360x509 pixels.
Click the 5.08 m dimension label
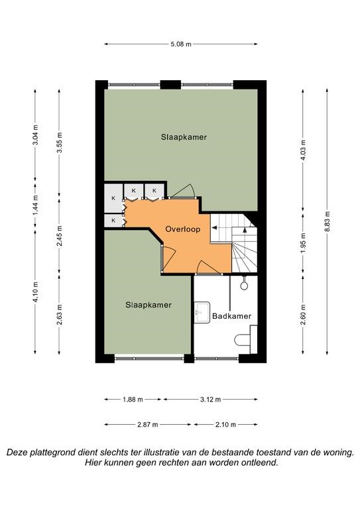point(181,44)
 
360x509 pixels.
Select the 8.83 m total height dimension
point(327,221)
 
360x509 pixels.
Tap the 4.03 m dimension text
point(303,150)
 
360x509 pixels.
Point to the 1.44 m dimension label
point(35,205)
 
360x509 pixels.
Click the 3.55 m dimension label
point(59,143)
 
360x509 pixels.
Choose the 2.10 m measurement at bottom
point(225,424)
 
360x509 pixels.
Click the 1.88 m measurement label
point(133,400)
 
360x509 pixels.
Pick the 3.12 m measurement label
point(210,400)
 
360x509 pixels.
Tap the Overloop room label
point(183,229)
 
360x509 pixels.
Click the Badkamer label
point(232,316)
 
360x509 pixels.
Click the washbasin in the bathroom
point(202,312)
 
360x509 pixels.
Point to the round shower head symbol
point(244,286)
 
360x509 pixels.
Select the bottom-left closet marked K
point(113,221)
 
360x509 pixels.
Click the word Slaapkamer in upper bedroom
point(184,137)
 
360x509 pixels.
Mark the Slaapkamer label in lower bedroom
point(149,305)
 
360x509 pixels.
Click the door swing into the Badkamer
point(209,268)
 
